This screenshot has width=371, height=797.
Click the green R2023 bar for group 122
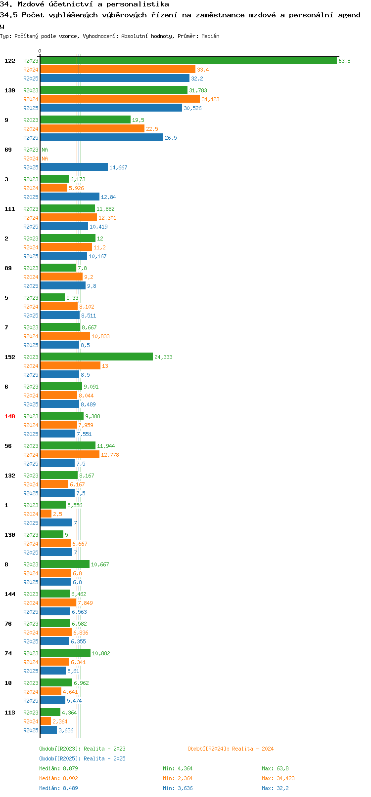[188, 60]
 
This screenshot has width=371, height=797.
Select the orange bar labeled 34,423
[120, 99]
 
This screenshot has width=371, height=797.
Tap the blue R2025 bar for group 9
[101, 137]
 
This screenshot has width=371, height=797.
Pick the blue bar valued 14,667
[74, 167]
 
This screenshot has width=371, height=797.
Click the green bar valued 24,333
[96, 357]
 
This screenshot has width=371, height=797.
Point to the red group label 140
[9, 416]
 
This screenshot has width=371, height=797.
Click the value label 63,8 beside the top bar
[344, 61]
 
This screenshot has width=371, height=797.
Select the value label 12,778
[110, 455]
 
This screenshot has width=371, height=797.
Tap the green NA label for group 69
[45, 150]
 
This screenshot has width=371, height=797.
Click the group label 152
[9, 357]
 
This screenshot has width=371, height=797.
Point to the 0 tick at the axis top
[40, 51]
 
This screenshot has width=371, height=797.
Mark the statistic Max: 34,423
[278, 778]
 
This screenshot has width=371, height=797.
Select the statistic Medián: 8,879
[58, 768]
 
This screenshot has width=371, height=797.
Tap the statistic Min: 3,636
[178, 788]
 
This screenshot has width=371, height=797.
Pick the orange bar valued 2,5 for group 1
[46, 514]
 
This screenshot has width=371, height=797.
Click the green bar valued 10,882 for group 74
[65, 653]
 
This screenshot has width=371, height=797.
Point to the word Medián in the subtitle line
[210, 36]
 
